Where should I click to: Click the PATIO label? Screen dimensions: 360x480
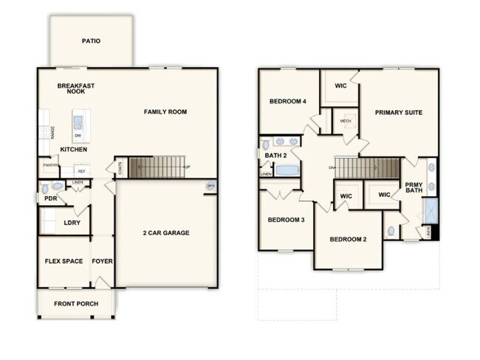[92, 41]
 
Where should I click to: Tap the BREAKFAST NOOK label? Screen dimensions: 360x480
[76, 89]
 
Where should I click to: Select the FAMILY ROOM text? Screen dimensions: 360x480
[165, 112]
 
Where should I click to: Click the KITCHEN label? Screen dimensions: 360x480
[74, 150]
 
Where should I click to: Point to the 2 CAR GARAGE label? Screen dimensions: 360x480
[166, 233]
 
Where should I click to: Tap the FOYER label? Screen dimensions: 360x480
[102, 261]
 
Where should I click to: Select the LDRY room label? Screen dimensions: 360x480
[72, 222]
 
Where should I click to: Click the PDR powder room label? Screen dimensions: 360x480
[51, 198]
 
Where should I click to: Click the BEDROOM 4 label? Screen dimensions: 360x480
[288, 101]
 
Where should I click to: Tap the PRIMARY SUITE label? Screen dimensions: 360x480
[398, 113]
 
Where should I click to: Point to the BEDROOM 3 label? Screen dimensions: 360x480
[287, 220]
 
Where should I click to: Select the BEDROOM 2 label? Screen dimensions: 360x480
[349, 239]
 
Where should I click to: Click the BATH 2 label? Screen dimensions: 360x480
[275, 156]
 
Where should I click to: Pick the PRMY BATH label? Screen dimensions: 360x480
[414, 187]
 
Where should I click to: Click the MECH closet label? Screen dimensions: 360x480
[345, 121]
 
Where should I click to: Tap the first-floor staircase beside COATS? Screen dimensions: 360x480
[157, 167]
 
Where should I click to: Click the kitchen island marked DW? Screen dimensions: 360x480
[78, 126]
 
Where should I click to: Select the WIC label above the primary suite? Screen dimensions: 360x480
[340, 86]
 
